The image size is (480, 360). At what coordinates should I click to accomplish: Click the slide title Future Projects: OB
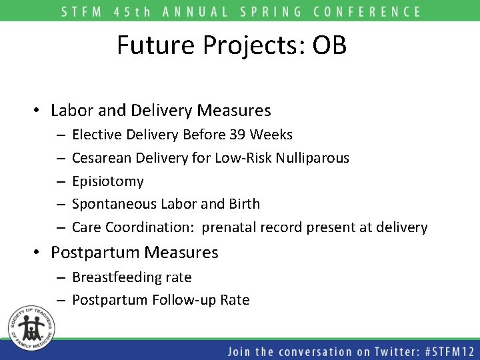[231, 45]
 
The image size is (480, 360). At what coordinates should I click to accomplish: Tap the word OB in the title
[328, 45]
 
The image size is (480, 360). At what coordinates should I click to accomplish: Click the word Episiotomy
[107, 181]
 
